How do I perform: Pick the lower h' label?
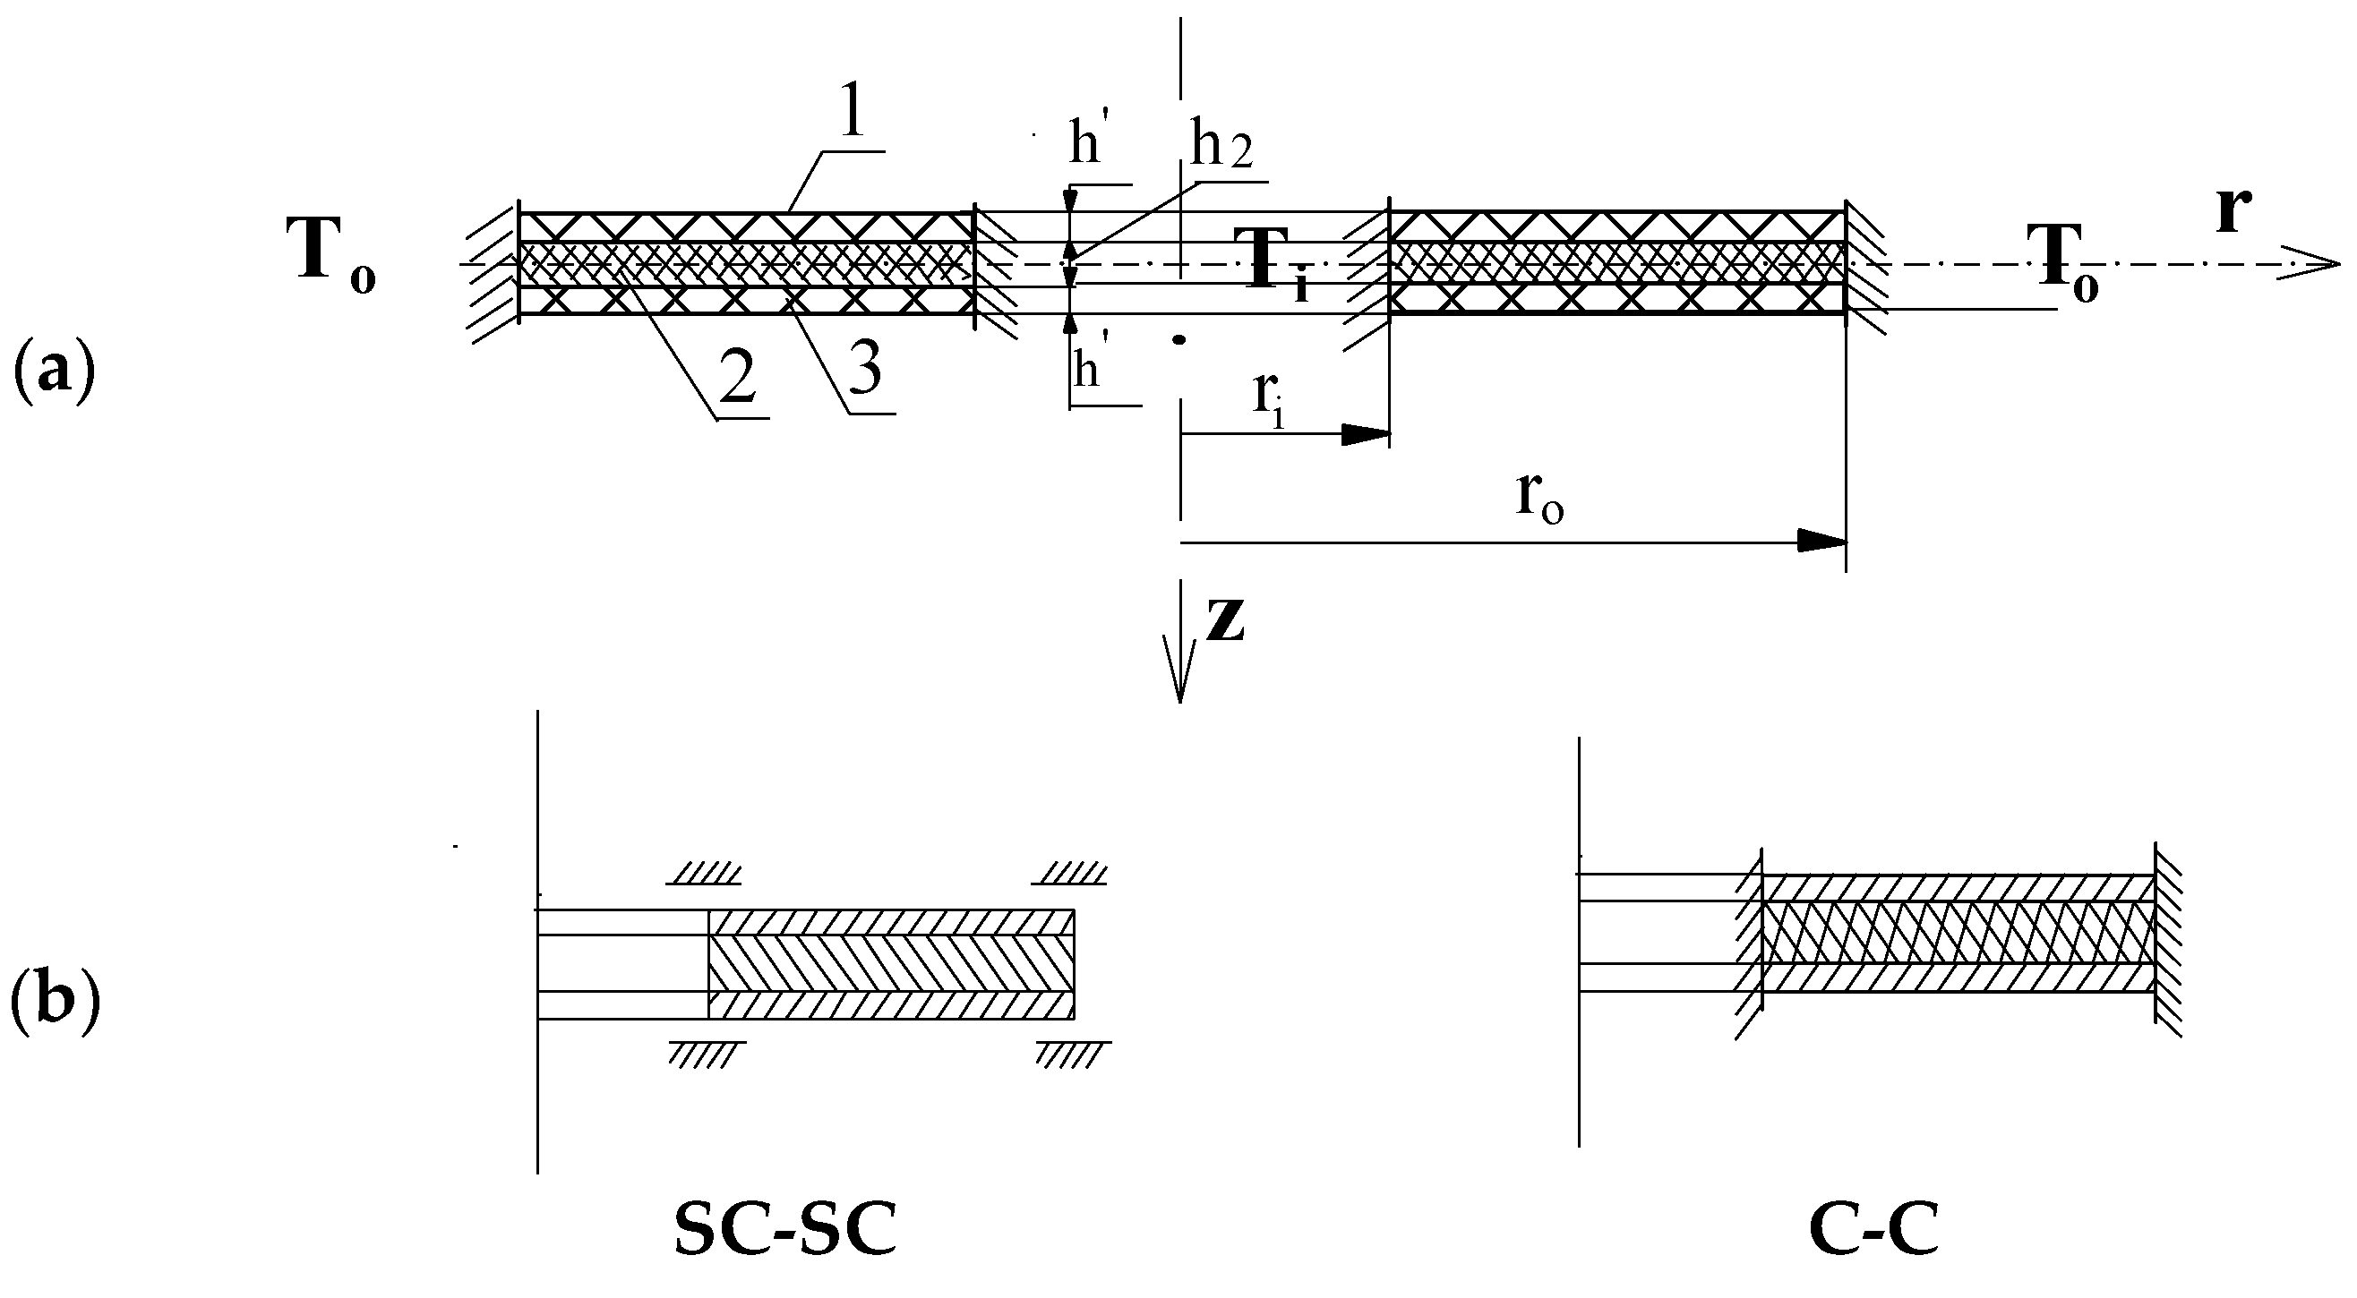(x=1087, y=371)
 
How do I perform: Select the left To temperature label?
(x=330, y=252)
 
